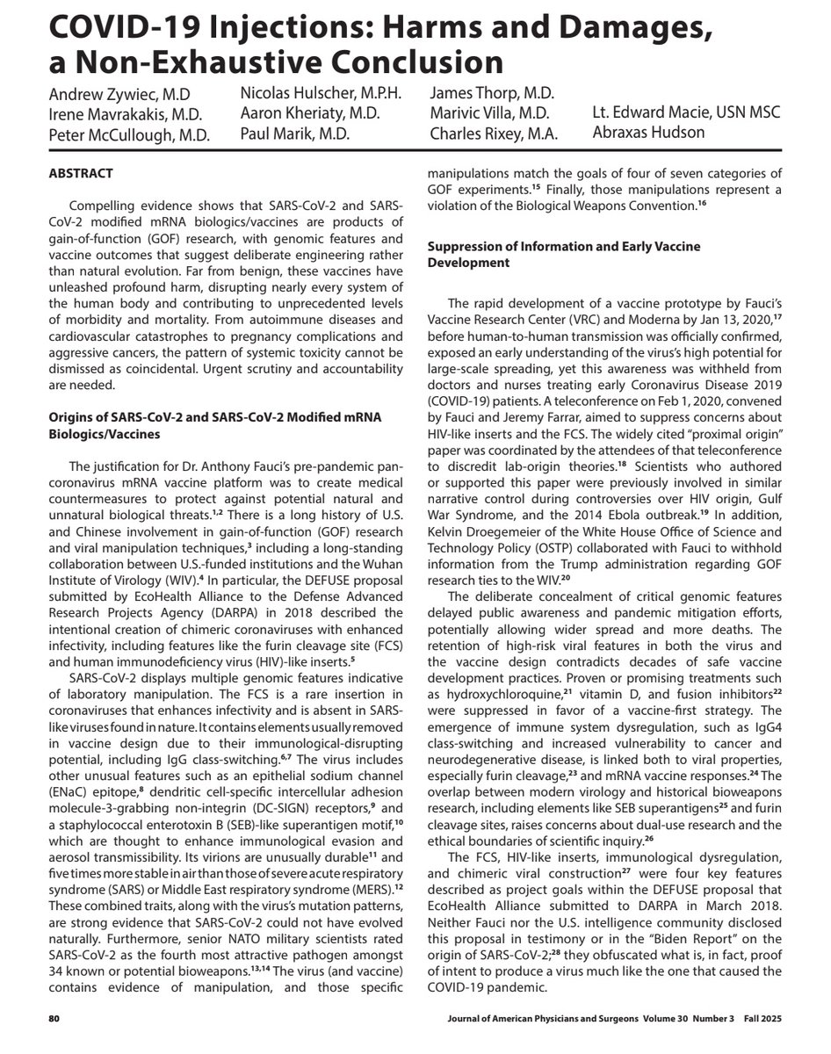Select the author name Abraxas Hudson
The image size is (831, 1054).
(x=647, y=132)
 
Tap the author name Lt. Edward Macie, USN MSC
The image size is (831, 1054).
(x=686, y=112)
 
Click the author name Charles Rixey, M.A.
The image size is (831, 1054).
(x=493, y=134)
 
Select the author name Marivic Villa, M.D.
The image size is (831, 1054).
(x=489, y=113)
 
